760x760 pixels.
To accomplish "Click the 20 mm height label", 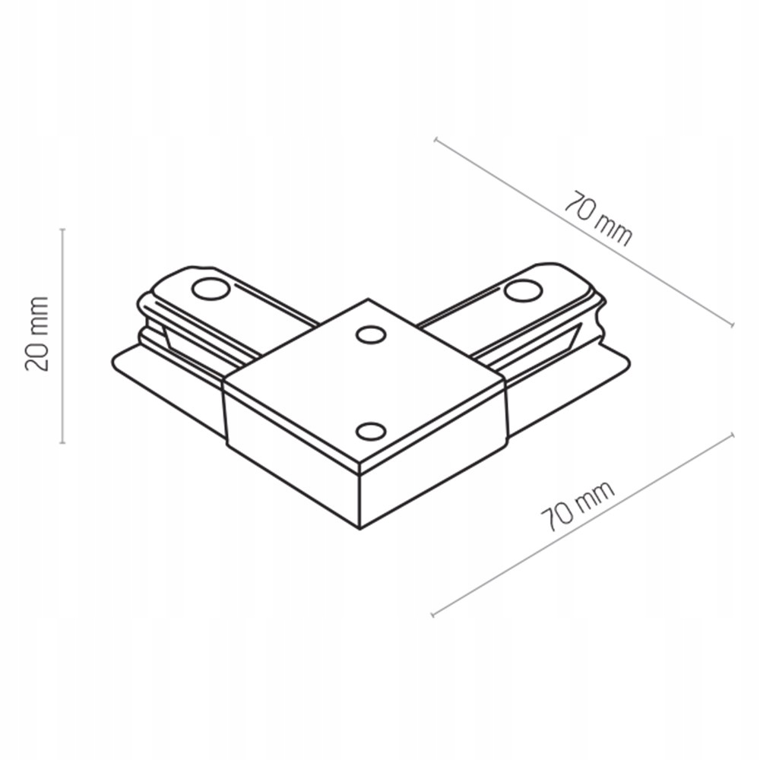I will pos(37,334).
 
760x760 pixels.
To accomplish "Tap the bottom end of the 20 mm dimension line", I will pos(63,442).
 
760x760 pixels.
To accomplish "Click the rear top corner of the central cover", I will pos(369,299).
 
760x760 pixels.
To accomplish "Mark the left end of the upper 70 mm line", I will pos(435,139).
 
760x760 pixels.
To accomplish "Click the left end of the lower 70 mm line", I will pos(432,614).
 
